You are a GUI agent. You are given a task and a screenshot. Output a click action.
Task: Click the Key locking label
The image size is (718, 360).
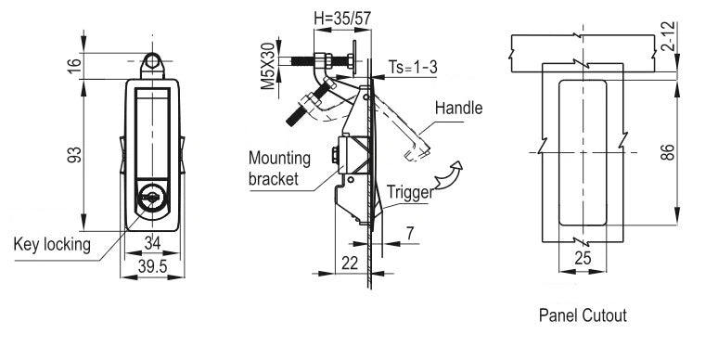(52, 245)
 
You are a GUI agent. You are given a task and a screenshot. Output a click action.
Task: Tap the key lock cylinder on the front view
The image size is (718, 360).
(151, 198)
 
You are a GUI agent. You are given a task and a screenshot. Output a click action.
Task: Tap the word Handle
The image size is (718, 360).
(460, 108)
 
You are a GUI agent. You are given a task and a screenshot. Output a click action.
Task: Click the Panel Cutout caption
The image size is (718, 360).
(583, 315)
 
